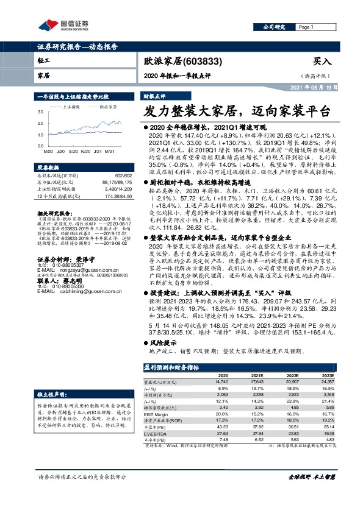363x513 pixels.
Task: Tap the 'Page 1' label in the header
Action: tap(306, 27)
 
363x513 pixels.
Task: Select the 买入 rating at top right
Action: tap(322, 61)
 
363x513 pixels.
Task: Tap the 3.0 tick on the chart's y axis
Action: tap(40, 112)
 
